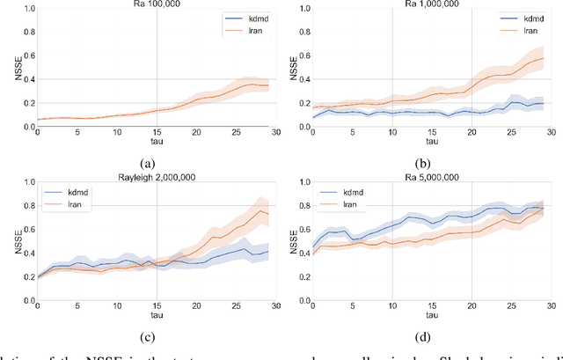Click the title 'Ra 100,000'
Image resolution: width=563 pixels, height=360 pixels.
coord(157,4)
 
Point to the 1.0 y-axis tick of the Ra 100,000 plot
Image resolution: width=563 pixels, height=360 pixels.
coord(26,9)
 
